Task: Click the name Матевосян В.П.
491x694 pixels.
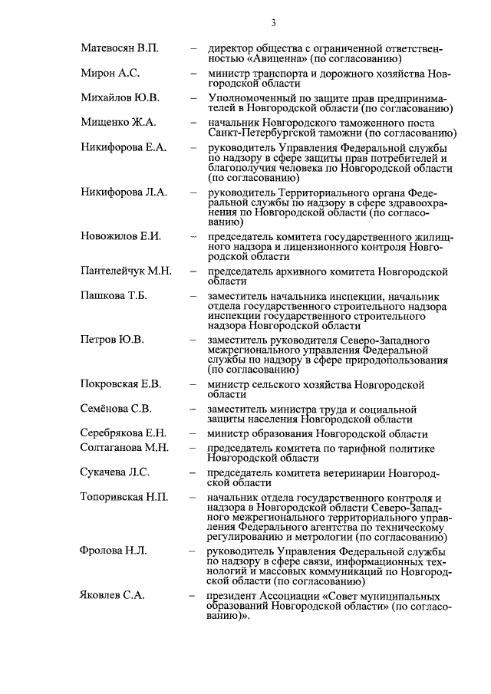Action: (120, 48)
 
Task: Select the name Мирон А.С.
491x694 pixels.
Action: (110, 74)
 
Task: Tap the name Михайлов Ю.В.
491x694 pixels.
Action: (120, 97)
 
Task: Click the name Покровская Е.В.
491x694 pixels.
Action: (120, 383)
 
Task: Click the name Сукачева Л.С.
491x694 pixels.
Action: (115, 472)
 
